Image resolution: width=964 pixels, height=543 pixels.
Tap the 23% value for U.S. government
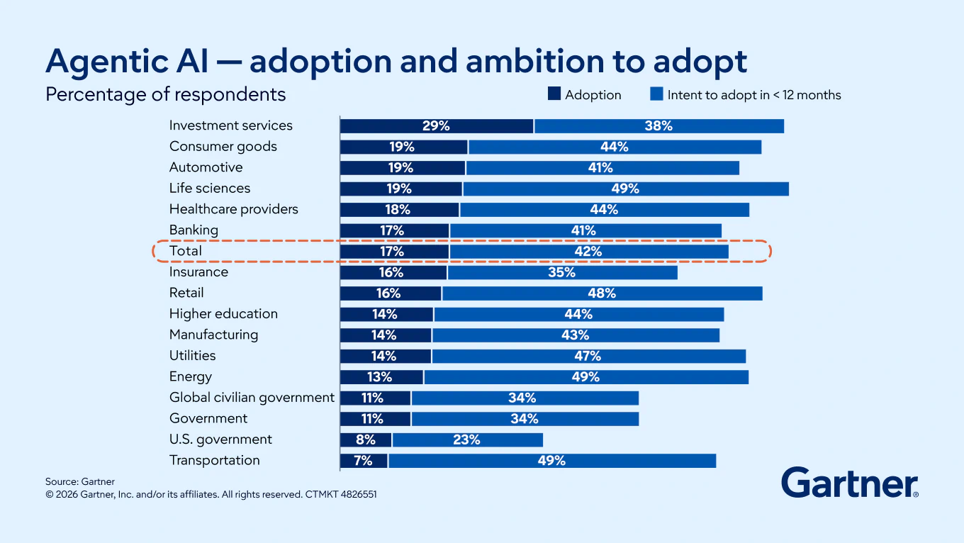(466, 440)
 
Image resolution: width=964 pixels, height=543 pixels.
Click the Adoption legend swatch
(554, 94)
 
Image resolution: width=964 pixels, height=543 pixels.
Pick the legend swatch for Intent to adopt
(656, 94)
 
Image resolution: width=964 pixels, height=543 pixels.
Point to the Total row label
(186, 251)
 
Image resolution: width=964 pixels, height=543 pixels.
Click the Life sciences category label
(209, 189)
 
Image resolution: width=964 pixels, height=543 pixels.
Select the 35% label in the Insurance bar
(561, 272)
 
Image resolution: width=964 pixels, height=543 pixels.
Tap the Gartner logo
(850, 483)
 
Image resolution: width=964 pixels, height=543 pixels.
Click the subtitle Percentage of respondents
(165, 94)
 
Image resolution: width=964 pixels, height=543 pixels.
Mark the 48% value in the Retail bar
(602, 293)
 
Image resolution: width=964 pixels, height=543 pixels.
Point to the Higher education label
(223, 314)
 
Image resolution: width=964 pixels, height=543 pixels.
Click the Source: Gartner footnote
(80, 482)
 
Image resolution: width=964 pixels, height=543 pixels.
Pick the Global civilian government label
(252, 398)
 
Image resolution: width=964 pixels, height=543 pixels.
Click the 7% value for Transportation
(363, 461)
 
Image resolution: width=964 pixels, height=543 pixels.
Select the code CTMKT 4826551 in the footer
(340, 495)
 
